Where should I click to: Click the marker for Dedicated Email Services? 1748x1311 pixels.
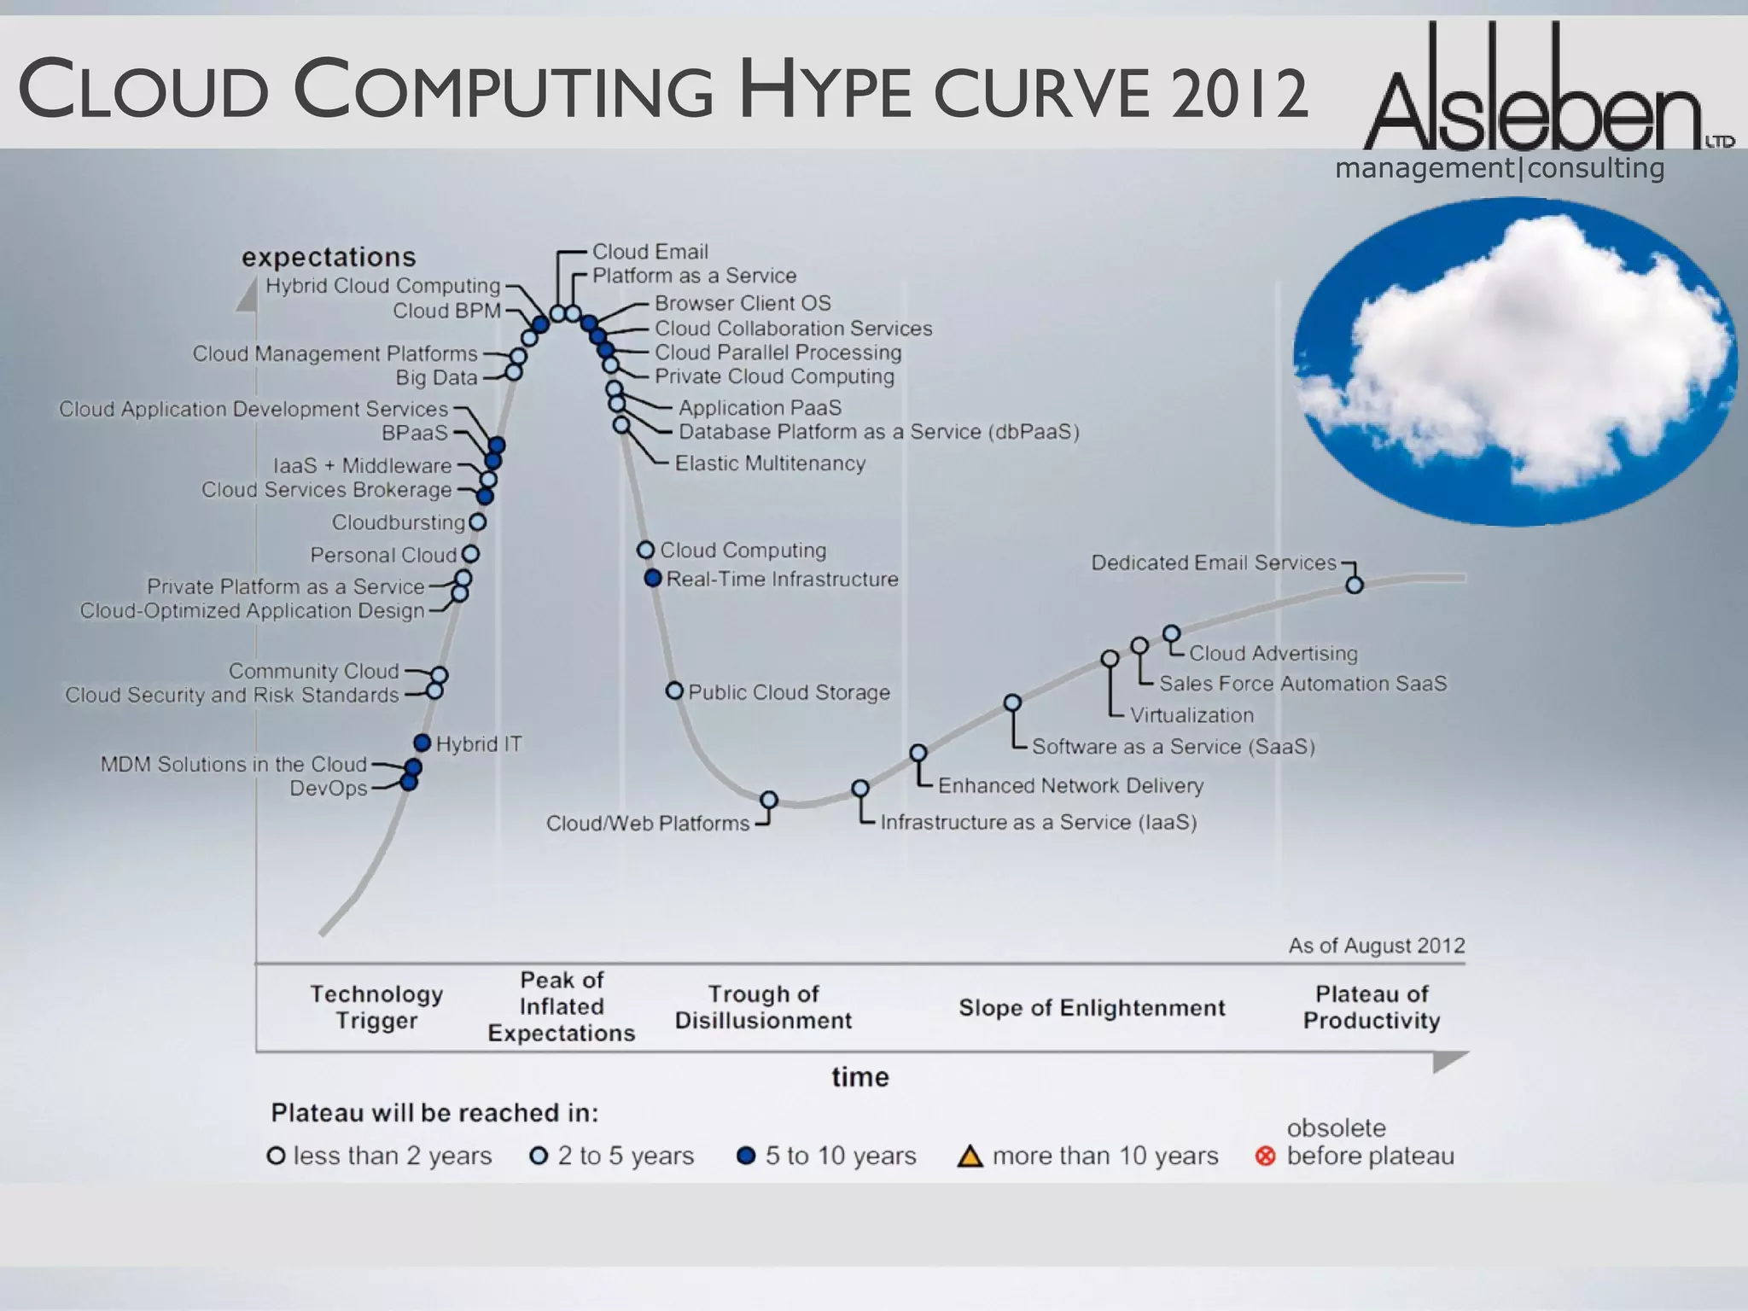pos(1354,585)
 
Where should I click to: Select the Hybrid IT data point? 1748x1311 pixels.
pos(422,743)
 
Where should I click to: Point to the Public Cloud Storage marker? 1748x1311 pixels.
pos(674,690)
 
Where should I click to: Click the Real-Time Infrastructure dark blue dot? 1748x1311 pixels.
pos(653,578)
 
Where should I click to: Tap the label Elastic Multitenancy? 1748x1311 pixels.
pos(770,463)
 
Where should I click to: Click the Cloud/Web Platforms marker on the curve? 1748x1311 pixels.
pos(769,800)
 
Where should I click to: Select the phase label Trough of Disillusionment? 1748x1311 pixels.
pos(763,1007)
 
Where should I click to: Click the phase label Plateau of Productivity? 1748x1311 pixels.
pos(1371,1007)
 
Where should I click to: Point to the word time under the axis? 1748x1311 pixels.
pos(860,1077)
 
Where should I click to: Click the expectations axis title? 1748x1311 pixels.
pos(329,257)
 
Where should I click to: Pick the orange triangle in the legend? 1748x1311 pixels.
pos(970,1157)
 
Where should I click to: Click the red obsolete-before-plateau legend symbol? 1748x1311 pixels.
pos(1266,1157)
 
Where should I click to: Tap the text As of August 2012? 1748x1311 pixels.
pos(1376,946)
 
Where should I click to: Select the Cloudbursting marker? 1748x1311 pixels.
pos(478,521)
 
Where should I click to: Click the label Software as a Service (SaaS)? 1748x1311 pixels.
pos(1173,747)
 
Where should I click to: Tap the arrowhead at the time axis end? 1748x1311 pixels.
pos(1449,1061)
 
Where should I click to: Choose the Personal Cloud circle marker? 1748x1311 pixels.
pos(470,554)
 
